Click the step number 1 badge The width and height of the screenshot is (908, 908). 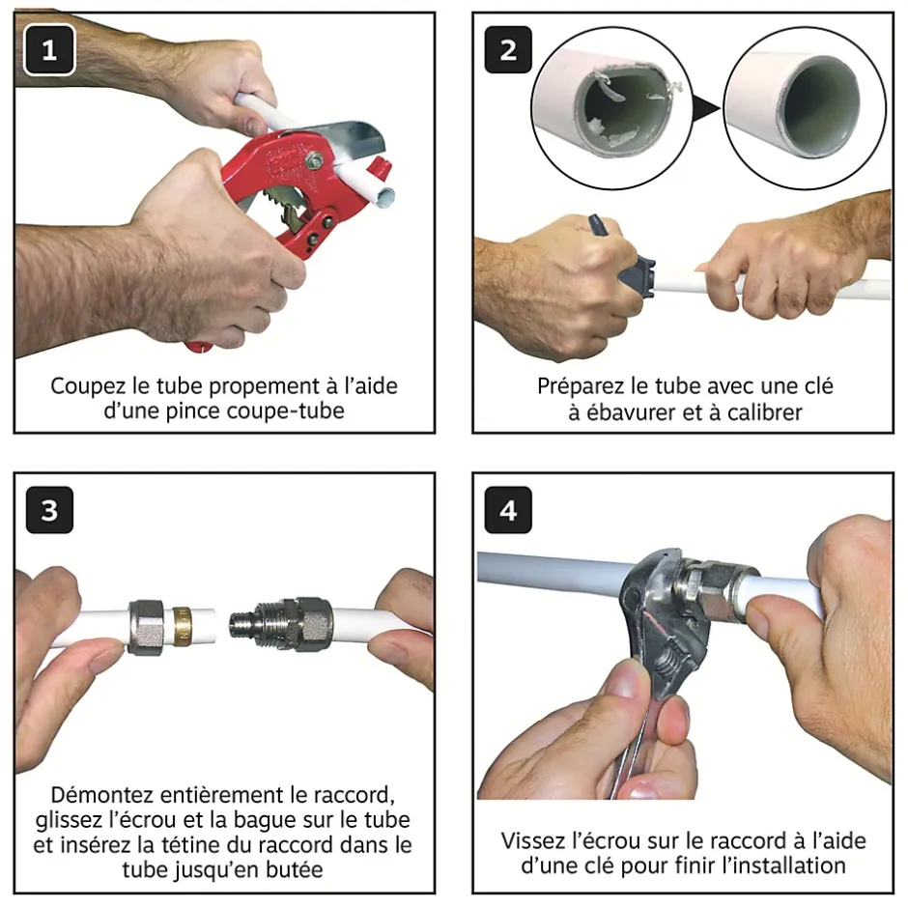48,49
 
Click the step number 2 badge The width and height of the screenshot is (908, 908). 508,49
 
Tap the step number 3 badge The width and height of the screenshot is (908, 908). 48,510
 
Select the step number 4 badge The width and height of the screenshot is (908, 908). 508,510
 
